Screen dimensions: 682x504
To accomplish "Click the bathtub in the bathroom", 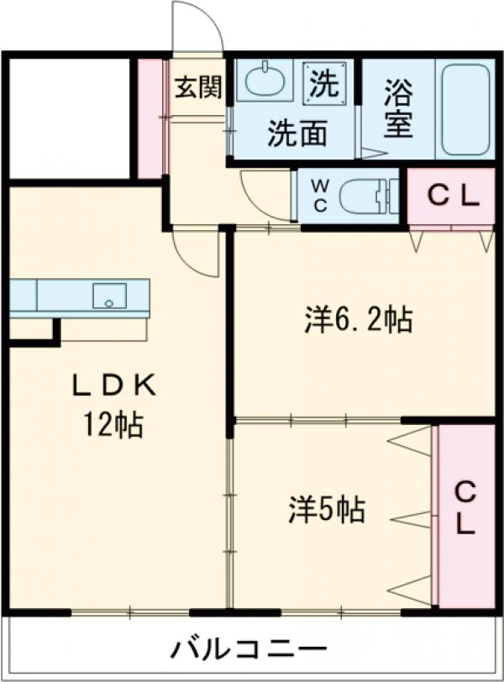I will [465, 109].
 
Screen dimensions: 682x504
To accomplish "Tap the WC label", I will [321, 195].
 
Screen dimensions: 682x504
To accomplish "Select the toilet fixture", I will [366, 197].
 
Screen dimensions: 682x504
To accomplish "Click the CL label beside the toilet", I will [452, 197].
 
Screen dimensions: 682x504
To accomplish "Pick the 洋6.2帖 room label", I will [357, 320].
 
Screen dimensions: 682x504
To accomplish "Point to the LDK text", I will [113, 385].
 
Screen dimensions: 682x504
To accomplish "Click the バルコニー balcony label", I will [250, 649].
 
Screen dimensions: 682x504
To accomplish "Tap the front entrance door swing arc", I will [198, 27].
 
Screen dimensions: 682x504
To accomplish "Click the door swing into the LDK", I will [196, 252].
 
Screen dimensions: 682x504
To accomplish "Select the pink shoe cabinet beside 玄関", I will [150, 118].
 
